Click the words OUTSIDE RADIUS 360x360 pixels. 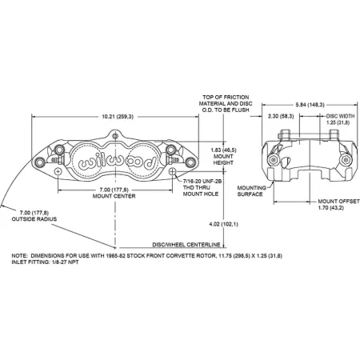pyautogui.click(x=34, y=219)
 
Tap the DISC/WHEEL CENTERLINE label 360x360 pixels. pyautogui.click(x=186, y=245)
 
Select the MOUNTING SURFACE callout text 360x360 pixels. pyautogui.click(x=251, y=191)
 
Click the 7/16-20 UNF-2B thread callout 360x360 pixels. pyautogui.click(x=202, y=182)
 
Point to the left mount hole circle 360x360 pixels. pyautogui.click(x=58, y=171)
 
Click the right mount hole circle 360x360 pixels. pyautogui.click(x=173, y=171)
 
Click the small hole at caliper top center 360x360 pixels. pyautogui.click(x=115, y=137)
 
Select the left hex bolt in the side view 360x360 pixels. pyautogui.click(x=273, y=160)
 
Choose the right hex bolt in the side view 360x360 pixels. pyautogui.click(x=346, y=160)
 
